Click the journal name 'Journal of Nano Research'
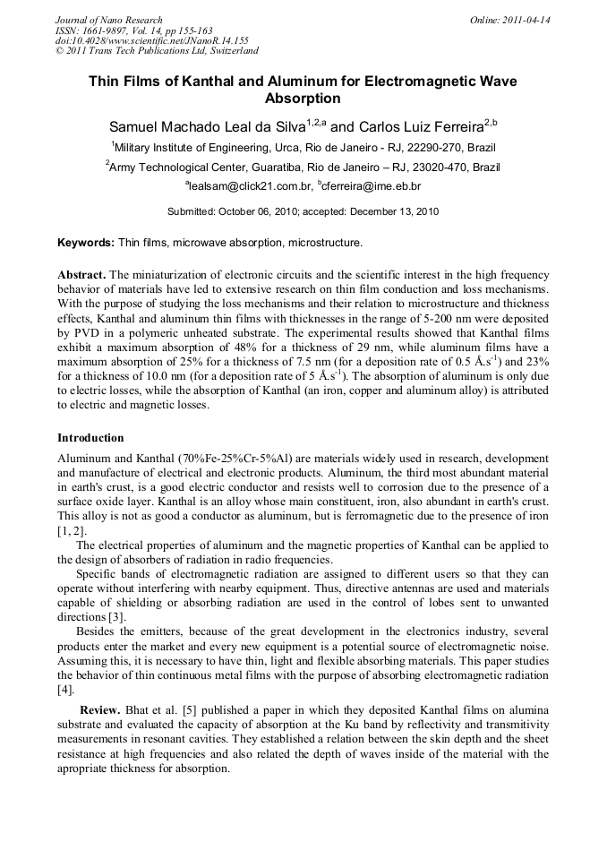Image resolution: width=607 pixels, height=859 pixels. (108, 20)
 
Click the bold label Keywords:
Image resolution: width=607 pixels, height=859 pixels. (86, 243)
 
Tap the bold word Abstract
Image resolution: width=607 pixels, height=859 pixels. (81, 275)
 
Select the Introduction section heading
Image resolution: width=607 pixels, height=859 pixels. (90, 438)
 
